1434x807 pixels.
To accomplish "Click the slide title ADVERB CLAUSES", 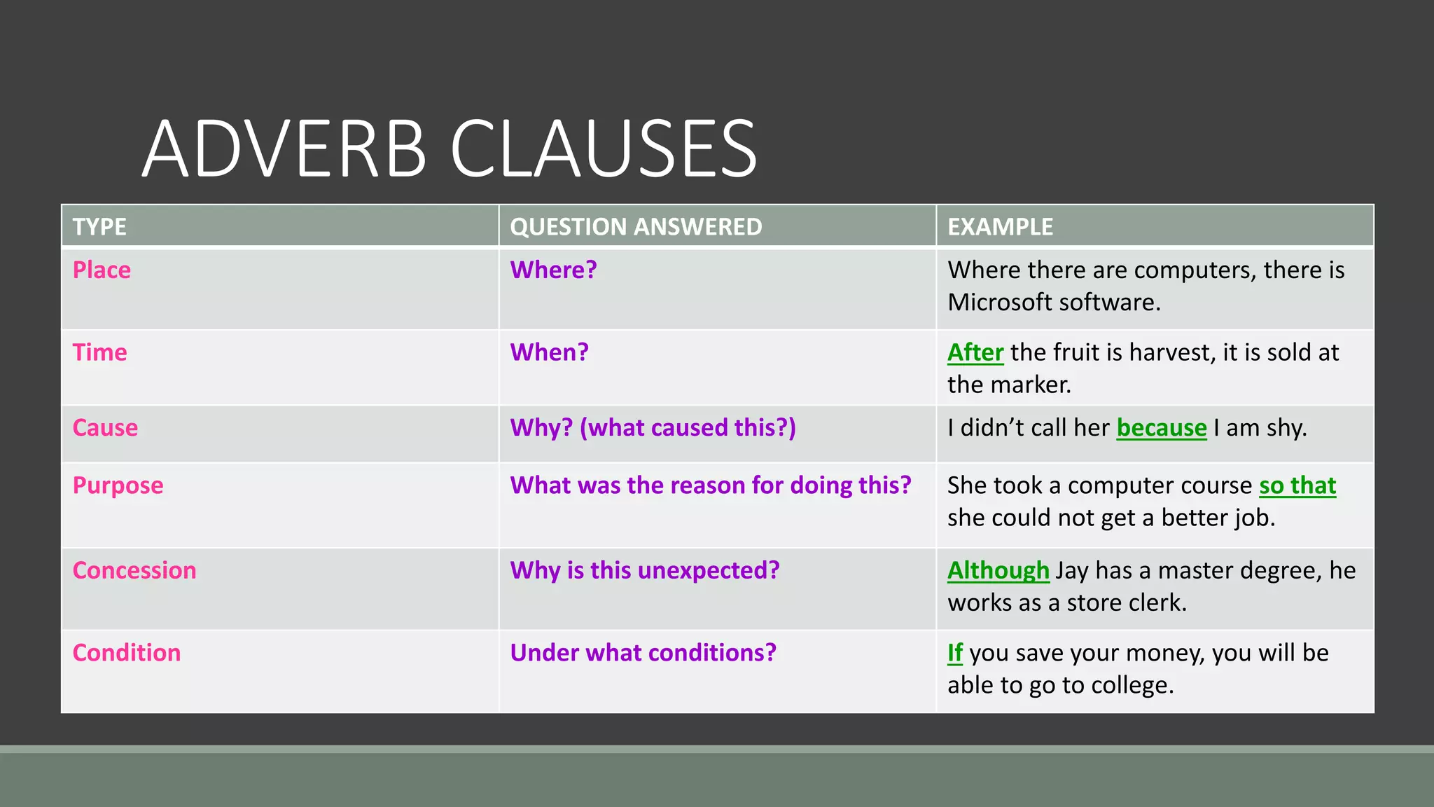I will pos(450,149).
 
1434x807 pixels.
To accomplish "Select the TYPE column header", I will pos(99,227).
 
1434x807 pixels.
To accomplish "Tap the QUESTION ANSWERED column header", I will pos(636,227).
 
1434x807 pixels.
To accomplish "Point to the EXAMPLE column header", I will pos(1000,227).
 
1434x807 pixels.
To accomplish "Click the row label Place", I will pos(102,270).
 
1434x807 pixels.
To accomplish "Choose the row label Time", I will pos(100,352).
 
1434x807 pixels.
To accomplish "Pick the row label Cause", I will pos(105,428).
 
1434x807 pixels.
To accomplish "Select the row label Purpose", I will pos(118,485).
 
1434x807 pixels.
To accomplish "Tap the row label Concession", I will pos(134,570).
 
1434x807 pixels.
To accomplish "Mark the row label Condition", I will pos(127,653).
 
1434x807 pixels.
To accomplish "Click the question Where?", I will pos(553,270).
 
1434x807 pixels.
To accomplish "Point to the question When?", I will pos(549,352).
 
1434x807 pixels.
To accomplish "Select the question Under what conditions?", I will pos(643,653).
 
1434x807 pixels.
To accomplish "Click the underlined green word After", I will pos(975,352).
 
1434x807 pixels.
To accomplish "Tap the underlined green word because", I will pos(1162,428).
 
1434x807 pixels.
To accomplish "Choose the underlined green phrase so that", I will pos(1297,485).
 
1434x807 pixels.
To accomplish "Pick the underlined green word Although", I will pos(998,570).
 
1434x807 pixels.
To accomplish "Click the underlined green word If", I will pos(955,653).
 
